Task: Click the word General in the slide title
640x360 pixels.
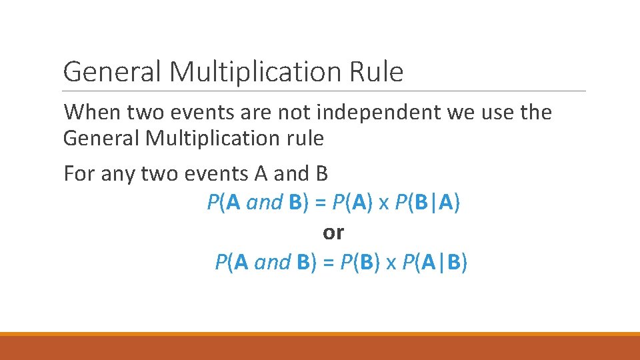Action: (113, 72)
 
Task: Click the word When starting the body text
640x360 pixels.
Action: (91, 113)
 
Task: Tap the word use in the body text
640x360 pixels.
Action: (493, 113)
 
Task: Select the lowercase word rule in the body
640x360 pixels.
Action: (303, 139)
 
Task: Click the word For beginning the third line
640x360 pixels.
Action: (79, 173)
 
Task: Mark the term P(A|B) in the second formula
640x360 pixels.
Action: (435, 263)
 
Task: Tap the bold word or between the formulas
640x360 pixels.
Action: (333, 233)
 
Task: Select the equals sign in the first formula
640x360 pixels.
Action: (321, 203)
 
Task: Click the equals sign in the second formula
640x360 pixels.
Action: (329, 263)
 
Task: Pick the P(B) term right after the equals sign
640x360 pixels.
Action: (361, 263)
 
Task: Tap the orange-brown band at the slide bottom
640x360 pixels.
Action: (320, 347)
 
